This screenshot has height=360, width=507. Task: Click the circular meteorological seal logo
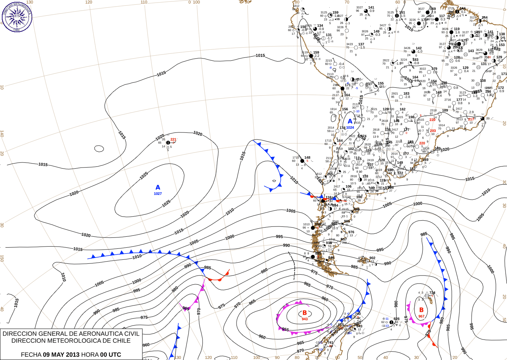point(17,16)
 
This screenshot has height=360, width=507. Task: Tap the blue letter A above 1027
point(158,188)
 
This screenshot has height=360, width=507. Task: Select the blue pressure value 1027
point(158,194)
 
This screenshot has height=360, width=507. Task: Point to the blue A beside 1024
point(350,121)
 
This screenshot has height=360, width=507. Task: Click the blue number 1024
point(350,128)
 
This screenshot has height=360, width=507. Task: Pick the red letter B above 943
point(305,313)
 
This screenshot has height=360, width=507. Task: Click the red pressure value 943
point(305,319)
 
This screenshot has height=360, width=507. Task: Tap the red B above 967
point(421,310)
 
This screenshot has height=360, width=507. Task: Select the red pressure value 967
point(421,316)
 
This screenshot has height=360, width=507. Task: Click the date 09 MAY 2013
point(61,355)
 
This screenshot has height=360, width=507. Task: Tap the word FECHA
point(31,355)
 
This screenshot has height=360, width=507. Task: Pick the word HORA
point(90,355)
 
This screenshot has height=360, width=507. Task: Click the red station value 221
point(173,139)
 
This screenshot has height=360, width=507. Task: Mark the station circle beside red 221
point(168,143)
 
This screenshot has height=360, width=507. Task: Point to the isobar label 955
point(285,330)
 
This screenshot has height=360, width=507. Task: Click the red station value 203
point(433,131)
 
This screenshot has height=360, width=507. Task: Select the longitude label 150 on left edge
point(2,258)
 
